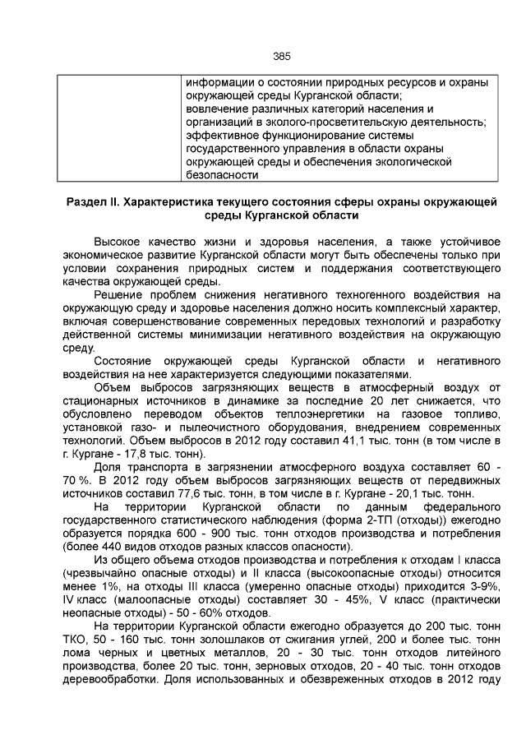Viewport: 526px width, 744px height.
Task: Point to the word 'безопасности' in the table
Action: tap(218, 175)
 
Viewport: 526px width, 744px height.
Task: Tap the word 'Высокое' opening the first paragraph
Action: tap(119, 243)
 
